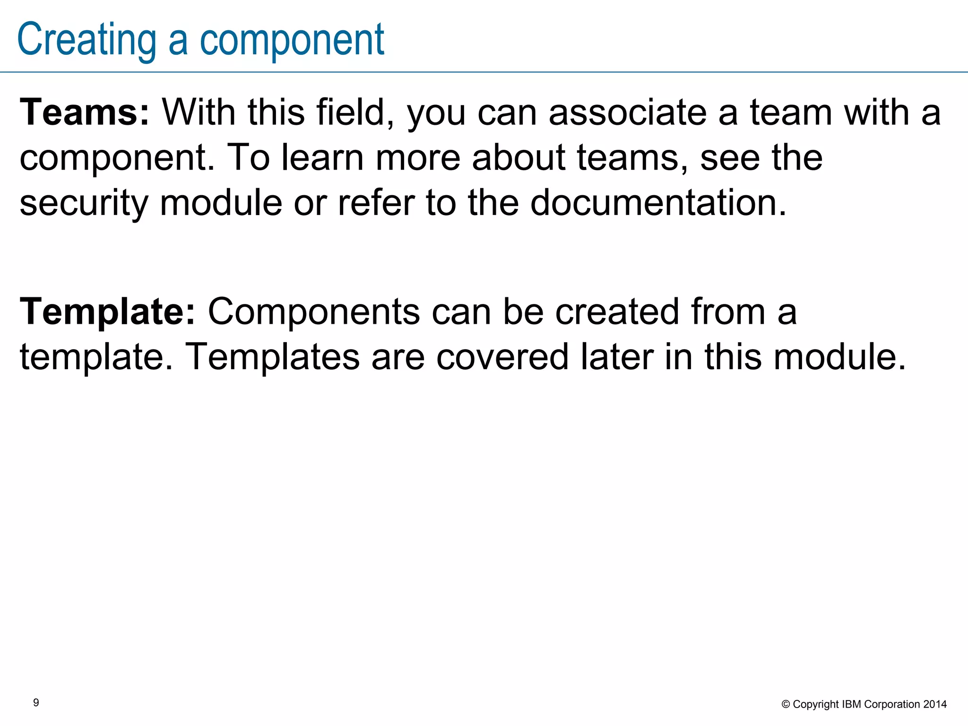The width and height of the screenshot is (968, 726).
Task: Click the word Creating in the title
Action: point(86,40)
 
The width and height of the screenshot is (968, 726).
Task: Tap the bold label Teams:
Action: point(85,112)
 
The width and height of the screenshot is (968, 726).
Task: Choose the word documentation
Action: point(658,202)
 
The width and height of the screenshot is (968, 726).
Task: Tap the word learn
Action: point(323,157)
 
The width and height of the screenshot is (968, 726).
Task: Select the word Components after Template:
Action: point(314,312)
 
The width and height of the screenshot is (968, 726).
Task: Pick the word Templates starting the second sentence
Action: point(272,357)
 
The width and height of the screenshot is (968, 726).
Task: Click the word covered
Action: point(502,357)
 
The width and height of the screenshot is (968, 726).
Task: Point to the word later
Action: point(617,357)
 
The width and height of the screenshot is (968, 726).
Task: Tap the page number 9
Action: point(36,703)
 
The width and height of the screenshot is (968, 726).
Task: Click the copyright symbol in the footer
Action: point(786,705)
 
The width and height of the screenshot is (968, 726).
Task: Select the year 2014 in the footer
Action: point(935,705)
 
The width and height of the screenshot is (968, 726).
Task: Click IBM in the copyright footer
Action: point(852,705)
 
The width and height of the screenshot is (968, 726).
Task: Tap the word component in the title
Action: point(292,40)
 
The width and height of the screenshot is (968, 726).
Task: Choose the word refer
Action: point(376,202)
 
